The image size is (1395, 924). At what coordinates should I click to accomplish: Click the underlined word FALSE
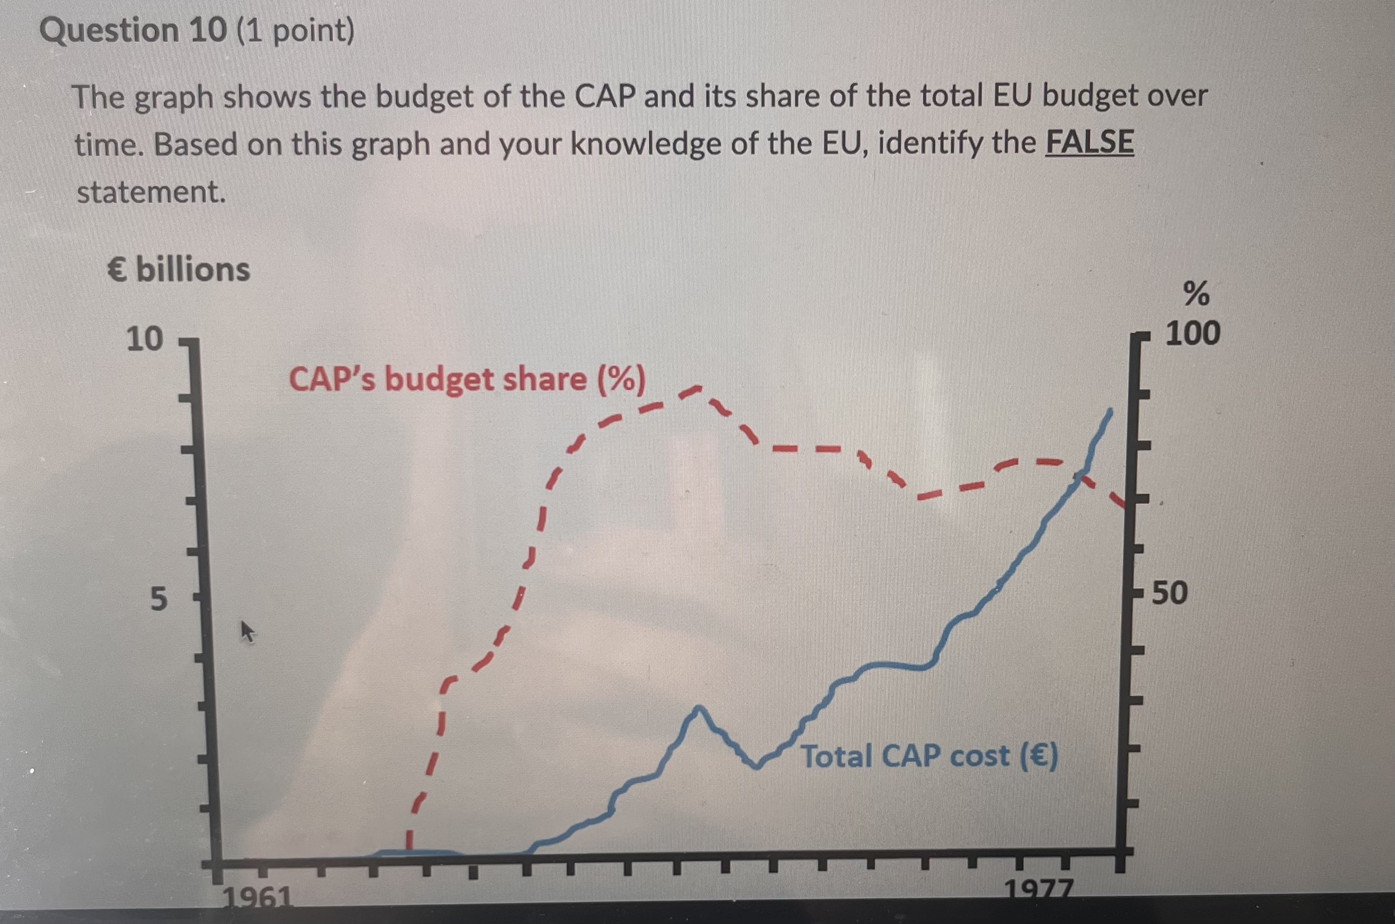(1089, 143)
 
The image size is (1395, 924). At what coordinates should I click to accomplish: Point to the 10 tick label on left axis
(145, 339)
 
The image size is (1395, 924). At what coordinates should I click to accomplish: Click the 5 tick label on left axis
(158, 600)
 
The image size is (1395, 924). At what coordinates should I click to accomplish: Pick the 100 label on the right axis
(1192, 333)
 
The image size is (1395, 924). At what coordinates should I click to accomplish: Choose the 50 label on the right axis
(1170, 593)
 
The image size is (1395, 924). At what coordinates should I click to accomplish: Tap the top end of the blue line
(1111, 410)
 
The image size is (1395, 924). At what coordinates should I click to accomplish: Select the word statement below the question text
(151, 192)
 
